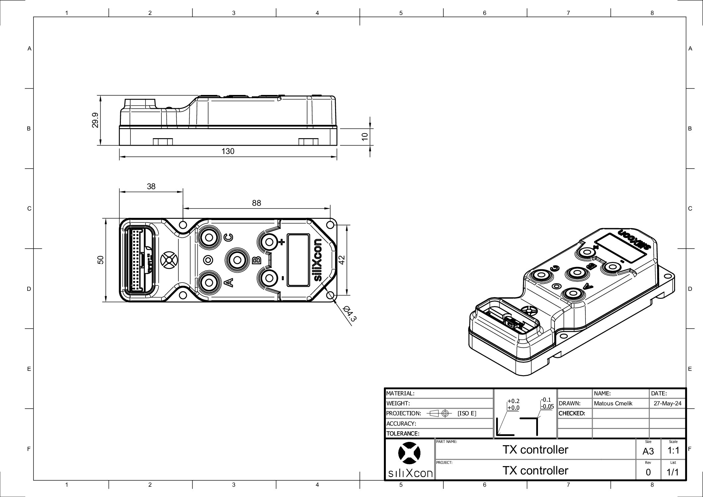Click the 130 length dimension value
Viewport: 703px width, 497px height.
228,151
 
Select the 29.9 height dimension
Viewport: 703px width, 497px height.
95,120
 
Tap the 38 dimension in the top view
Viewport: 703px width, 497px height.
151,187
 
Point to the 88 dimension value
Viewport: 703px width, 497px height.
256,203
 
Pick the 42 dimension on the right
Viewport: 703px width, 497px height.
342,259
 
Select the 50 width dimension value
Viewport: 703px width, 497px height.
101,260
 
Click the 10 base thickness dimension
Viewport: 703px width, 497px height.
365,136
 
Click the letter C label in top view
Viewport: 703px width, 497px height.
229,238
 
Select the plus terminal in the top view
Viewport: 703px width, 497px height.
269,242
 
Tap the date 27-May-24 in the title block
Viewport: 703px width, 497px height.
667,404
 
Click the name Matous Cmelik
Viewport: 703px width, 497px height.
613,404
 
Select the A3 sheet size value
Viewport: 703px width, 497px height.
648,452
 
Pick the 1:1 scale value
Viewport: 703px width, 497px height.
673,451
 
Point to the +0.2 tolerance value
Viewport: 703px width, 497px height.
513,401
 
